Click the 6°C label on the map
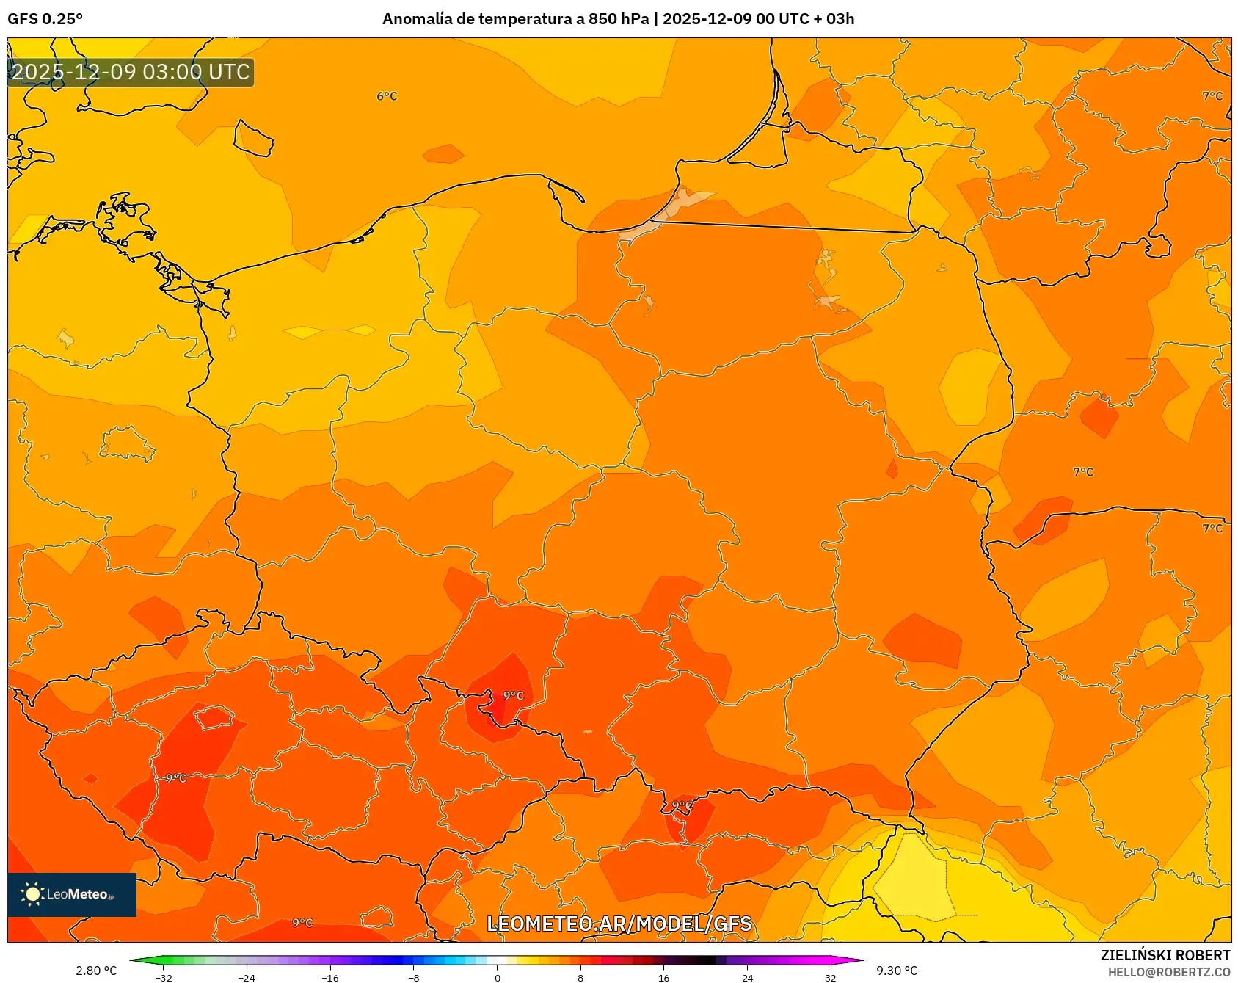(x=387, y=96)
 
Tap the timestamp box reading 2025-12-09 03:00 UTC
(x=131, y=72)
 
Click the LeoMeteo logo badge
(x=72, y=894)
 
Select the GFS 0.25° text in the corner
(x=45, y=19)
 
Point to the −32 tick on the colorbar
(x=164, y=977)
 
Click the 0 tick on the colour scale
(x=498, y=977)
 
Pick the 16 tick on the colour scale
(x=663, y=977)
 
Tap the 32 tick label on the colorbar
(x=830, y=977)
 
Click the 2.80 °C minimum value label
(x=96, y=971)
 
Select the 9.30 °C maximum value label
(x=897, y=971)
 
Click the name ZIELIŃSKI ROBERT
(x=1165, y=955)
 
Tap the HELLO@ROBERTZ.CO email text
(x=1168, y=972)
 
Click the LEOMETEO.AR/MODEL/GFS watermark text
(x=619, y=924)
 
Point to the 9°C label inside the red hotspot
(x=514, y=695)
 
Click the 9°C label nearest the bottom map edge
(x=302, y=923)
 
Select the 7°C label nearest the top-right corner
(x=1212, y=96)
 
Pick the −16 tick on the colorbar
(x=330, y=977)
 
